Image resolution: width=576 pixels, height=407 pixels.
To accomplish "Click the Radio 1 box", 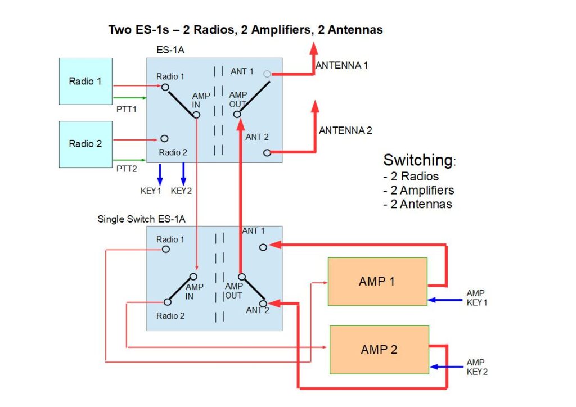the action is coord(85,81).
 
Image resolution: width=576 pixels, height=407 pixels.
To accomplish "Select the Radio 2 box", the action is coord(85,144).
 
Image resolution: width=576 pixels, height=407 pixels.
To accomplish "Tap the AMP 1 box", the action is coord(377,282).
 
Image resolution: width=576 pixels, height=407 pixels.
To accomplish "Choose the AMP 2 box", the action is coord(380,350).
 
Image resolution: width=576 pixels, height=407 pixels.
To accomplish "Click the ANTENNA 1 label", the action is coord(341,65).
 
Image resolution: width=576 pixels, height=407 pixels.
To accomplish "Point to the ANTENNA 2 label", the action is coord(345,130).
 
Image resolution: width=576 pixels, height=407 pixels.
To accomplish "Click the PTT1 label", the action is coord(127,110).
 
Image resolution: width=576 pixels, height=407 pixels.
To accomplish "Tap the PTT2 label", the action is coord(127,169).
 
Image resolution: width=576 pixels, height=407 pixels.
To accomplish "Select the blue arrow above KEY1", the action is coord(160,174).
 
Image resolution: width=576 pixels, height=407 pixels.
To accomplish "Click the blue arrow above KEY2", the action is coord(183,174).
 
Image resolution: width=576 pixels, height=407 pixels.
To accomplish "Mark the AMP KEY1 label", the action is coord(477,298).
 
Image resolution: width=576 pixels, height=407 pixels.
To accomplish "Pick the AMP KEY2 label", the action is coord(477,367).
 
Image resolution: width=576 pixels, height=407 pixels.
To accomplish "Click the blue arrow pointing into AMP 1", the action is coord(445,300).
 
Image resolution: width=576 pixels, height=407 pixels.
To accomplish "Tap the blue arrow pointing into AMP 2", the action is coord(446,367).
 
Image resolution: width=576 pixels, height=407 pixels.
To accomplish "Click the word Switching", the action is coord(418,160).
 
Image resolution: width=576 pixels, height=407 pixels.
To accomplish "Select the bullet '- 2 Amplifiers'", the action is coord(418,190).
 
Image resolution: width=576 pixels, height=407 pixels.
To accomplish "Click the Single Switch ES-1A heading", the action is coord(141,219).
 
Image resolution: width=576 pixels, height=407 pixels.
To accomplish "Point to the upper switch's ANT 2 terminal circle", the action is coord(267,153).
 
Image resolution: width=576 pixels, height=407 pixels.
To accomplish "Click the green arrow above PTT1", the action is coord(130,98).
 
